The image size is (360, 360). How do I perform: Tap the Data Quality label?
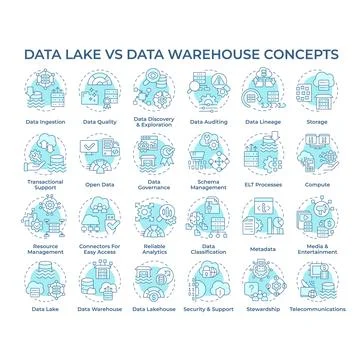click(101, 122)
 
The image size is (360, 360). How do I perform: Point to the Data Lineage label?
click(263, 122)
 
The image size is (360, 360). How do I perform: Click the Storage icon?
click(317, 93)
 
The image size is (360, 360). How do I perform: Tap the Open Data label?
click(101, 183)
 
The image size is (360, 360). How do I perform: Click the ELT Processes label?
click(263, 183)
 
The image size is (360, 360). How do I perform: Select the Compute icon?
click(317, 152)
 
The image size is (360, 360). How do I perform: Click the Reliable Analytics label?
click(155, 249)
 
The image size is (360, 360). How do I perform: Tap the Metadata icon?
click(263, 214)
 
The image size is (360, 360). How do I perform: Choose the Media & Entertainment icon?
click(317, 214)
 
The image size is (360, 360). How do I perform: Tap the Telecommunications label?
click(317, 310)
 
